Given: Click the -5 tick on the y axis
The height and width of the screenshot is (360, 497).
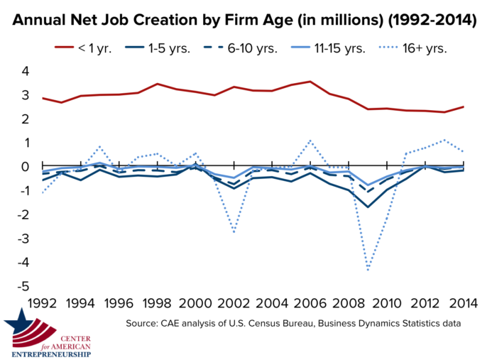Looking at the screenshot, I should click(x=23, y=286).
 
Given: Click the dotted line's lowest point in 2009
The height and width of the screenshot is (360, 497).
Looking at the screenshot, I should click(x=367, y=271).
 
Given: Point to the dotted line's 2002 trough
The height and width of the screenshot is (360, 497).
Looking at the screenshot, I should click(x=234, y=232).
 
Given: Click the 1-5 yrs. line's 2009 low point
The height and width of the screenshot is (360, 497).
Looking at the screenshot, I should click(x=367, y=207).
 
